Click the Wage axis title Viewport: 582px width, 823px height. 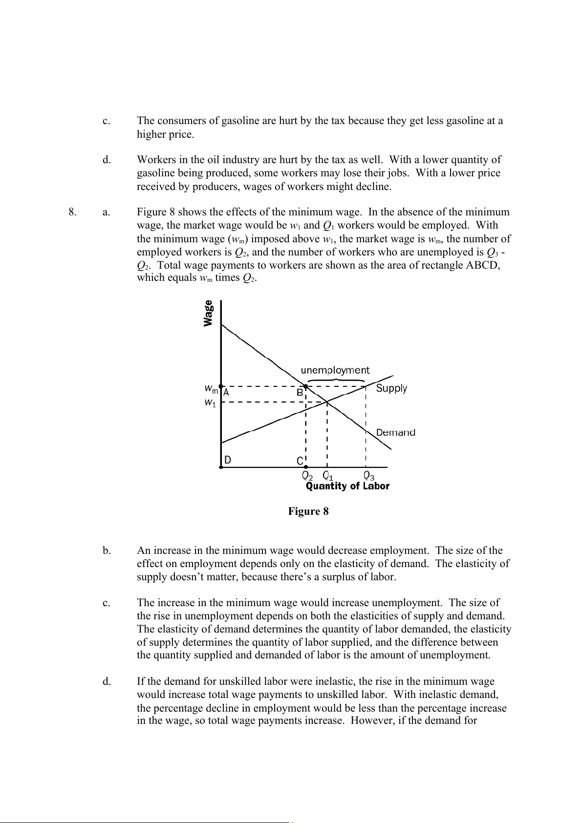pyautogui.click(x=209, y=313)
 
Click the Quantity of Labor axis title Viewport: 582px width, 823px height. pyautogui.click(x=347, y=486)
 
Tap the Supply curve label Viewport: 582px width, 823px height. pyautogui.click(x=391, y=388)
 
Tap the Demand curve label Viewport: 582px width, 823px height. pyautogui.click(x=395, y=432)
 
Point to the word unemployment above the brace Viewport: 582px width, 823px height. pyautogui.click(x=335, y=370)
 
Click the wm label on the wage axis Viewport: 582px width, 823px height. pyautogui.click(x=211, y=389)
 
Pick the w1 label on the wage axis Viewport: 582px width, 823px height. pyautogui.click(x=210, y=403)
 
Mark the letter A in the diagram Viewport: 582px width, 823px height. pyautogui.click(x=226, y=392)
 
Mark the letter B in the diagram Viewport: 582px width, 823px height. pyautogui.click(x=300, y=392)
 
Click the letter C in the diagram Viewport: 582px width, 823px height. pyautogui.click(x=300, y=461)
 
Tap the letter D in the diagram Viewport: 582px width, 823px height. pyautogui.click(x=228, y=460)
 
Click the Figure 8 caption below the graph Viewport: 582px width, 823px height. pyautogui.click(x=308, y=511)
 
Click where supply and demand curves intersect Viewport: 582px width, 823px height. pyautogui.click(x=327, y=402)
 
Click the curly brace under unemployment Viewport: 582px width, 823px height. pyautogui.click(x=336, y=380)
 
